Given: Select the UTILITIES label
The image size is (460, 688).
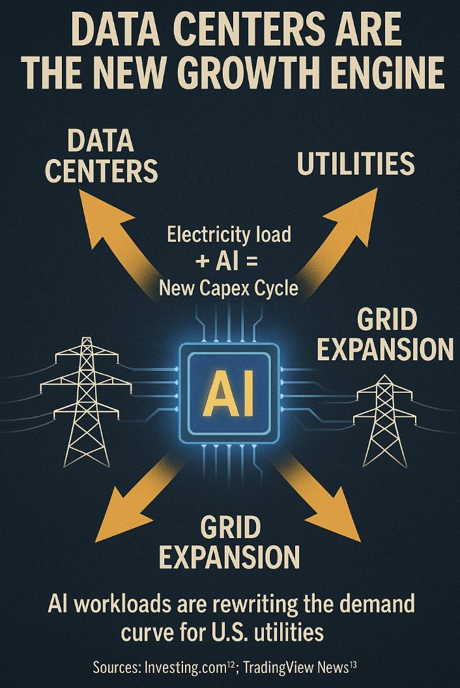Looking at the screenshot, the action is pyautogui.click(x=356, y=164).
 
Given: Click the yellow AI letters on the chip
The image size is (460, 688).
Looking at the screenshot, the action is pyautogui.click(x=229, y=394).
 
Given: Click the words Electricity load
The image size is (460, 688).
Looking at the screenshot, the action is pyautogui.click(x=229, y=234).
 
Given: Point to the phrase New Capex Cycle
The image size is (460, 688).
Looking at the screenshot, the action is pyautogui.click(x=229, y=287).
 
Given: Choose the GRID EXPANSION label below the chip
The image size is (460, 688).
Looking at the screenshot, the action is pyautogui.click(x=229, y=543).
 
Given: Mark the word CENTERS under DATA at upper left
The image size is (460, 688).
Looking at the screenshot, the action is pyautogui.click(x=101, y=169).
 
